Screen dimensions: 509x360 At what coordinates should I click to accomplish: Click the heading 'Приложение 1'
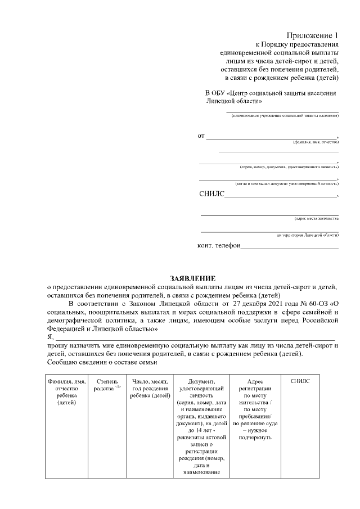pyautogui.click(x=314, y=35)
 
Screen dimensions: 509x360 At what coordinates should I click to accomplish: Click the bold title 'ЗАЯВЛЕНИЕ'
pyautogui.click(x=193, y=278)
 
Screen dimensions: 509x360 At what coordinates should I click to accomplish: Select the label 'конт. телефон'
pyautogui.click(x=219, y=246)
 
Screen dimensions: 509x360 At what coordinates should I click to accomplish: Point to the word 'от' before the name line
pyautogui.click(x=201, y=136)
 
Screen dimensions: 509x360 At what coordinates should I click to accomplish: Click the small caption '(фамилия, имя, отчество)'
pyautogui.click(x=316, y=143)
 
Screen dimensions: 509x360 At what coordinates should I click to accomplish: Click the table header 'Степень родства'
pyautogui.click(x=106, y=385)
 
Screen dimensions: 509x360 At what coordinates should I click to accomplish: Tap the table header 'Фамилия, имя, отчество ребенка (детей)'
pyautogui.click(x=66, y=392)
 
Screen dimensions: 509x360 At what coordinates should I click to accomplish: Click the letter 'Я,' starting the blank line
pyautogui.click(x=50, y=336)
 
